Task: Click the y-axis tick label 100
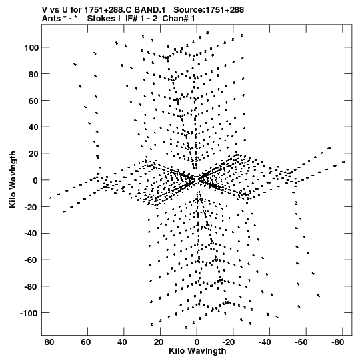coord(31,47)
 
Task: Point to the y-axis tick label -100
coord(29,313)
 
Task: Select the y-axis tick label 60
coord(33,101)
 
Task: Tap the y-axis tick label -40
coord(31,234)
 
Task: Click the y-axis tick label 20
coord(33,153)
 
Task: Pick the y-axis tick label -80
coord(31,287)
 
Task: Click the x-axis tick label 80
coord(49,342)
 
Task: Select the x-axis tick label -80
coord(338,342)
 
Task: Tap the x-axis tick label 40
coord(122,342)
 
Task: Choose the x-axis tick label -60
coord(301,342)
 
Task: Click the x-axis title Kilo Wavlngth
coord(197,351)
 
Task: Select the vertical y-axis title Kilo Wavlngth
coord(13,179)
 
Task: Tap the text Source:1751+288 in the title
coord(209,10)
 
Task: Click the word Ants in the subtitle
coord(52,19)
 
